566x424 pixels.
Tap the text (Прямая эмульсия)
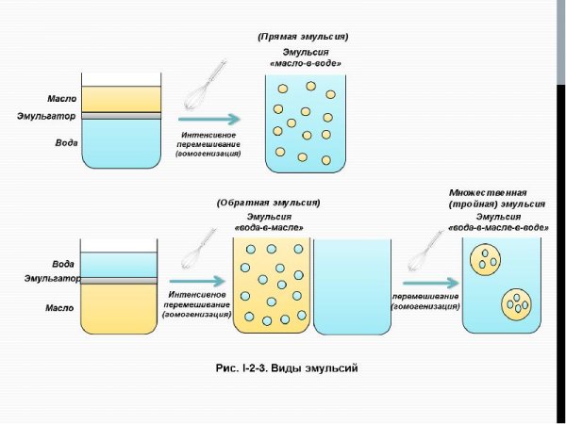pyautogui.click(x=302, y=37)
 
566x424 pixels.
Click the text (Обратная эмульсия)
pyautogui.click(x=268, y=203)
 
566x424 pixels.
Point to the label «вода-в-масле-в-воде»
pyautogui.click(x=499, y=228)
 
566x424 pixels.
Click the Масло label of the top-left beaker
pyautogui.click(x=61, y=98)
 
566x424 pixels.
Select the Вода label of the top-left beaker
pyautogui.click(x=63, y=144)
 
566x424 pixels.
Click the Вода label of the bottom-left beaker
pyautogui.click(x=63, y=264)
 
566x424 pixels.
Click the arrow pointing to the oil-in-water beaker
pyautogui.click(x=208, y=120)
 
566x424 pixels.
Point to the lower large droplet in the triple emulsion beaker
pyautogui.click(x=517, y=303)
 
